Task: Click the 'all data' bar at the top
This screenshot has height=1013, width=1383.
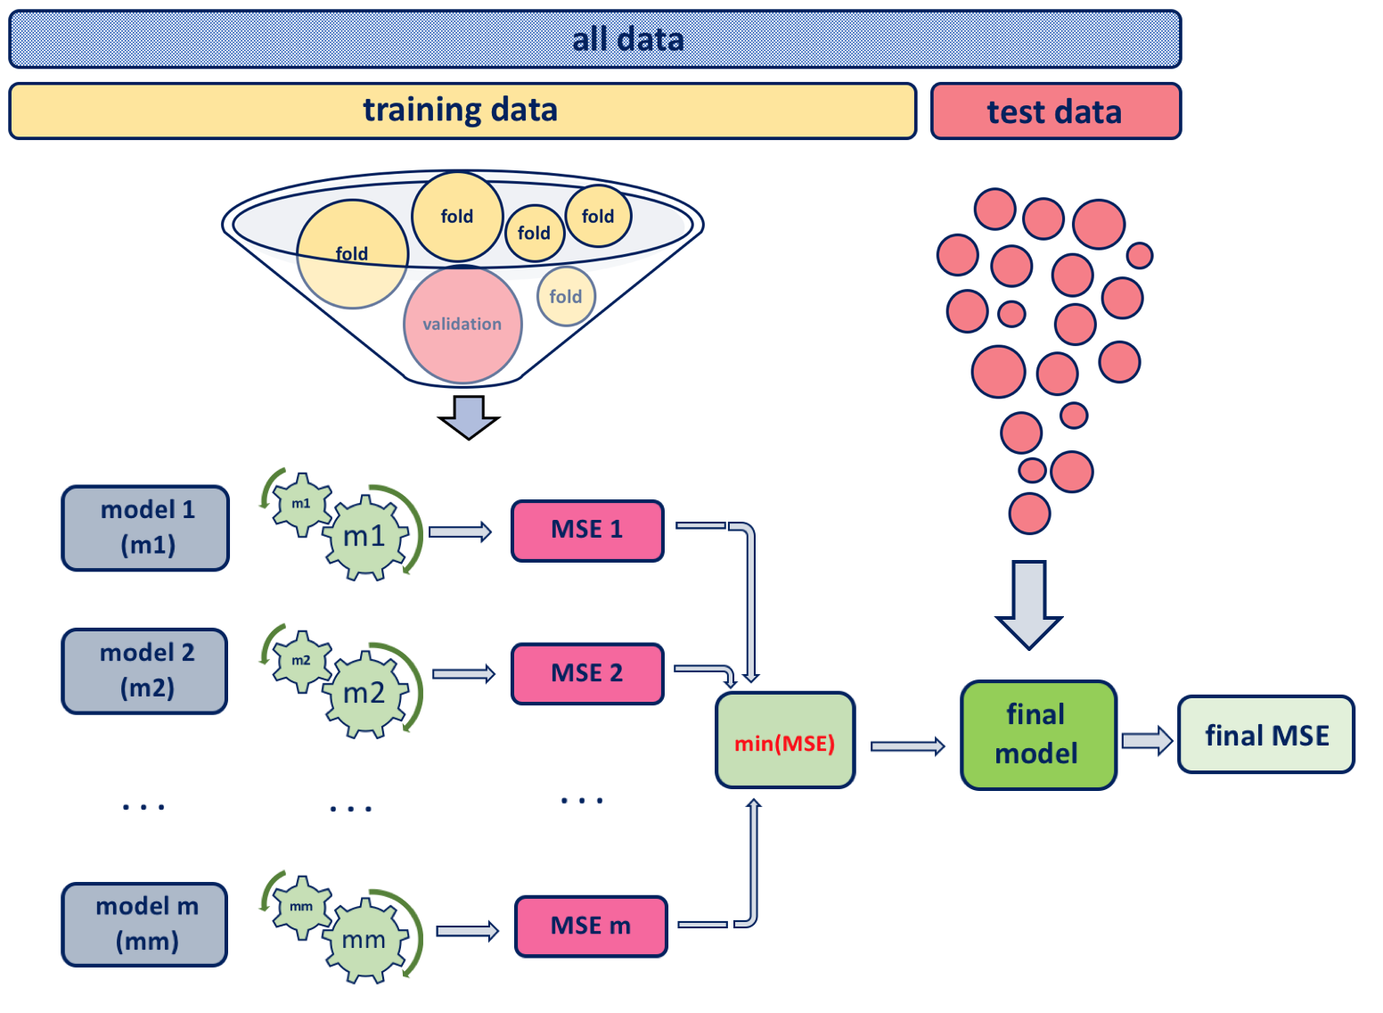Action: click(594, 39)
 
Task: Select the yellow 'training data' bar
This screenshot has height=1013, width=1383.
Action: click(462, 111)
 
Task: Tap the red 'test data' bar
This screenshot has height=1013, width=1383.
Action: click(1055, 111)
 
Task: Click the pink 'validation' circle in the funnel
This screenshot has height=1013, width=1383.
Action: click(462, 324)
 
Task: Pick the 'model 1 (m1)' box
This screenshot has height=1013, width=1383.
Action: click(145, 528)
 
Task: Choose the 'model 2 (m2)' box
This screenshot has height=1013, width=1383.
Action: click(145, 671)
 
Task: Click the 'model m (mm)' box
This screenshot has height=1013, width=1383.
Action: click(145, 924)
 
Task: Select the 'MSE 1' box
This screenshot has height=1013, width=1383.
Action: click(587, 531)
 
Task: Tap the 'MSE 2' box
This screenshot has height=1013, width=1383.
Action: click(587, 673)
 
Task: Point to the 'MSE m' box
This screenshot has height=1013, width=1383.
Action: click(591, 927)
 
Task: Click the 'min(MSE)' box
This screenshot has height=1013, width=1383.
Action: click(785, 740)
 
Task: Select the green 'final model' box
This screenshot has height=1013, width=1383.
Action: click(1038, 735)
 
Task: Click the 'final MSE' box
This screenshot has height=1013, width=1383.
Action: click(1265, 735)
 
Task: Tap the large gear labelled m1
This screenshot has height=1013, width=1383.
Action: click(366, 538)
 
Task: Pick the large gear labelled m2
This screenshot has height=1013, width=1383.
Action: click(366, 694)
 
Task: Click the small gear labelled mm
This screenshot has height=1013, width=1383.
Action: click(301, 906)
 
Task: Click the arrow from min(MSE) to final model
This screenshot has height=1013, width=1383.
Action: click(907, 746)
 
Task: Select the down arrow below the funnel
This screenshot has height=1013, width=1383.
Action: click(469, 416)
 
